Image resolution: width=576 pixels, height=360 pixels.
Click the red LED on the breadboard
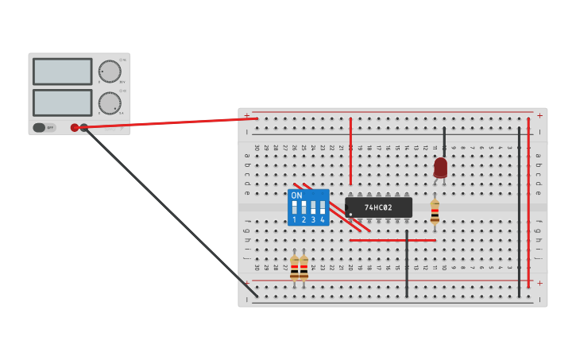[x=441, y=167]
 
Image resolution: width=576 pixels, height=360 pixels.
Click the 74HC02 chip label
[x=378, y=208]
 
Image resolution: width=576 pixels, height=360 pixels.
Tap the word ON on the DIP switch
[x=296, y=195]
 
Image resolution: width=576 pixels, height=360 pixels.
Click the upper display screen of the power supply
[x=63, y=72]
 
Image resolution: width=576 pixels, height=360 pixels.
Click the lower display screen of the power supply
[x=63, y=103]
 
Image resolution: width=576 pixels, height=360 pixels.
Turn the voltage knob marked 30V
[x=110, y=72]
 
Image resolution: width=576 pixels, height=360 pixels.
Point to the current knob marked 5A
[x=110, y=103]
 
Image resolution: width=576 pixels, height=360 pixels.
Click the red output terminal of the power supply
[x=75, y=127]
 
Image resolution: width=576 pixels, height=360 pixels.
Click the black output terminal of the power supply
[x=84, y=127]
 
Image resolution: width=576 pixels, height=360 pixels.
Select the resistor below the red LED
[x=435, y=211]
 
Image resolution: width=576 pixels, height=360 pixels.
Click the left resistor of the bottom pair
[x=294, y=268]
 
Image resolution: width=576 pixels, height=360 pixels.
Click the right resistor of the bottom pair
[x=303, y=268]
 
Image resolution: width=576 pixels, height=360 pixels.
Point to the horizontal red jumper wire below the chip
[x=392, y=240]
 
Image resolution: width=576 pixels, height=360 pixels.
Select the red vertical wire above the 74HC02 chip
[x=350, y=151]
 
